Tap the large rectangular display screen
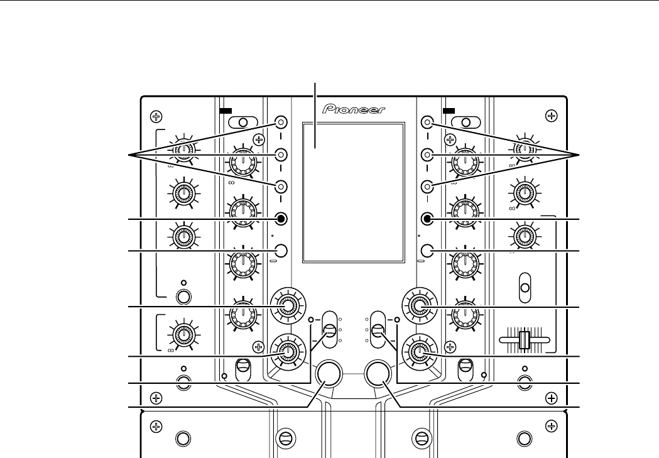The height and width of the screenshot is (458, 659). pyautogui.click(x=352, y=192)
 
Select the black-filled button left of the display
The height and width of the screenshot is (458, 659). pyautogui.click(x=281, y=219)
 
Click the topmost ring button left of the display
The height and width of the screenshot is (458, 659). pyautogui.click(x=281, y=122)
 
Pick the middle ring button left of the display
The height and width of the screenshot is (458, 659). pyautogui.click(x=281, y=154)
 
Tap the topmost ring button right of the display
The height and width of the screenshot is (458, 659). pyautogui.click(x=427, y=122)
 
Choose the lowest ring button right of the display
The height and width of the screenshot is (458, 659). pyautogui.click(x=427, y=186)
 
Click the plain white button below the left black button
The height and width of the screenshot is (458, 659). pyautogui.click(x=281, y=251)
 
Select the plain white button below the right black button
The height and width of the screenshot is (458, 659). pyautogui.click(x=427, y=251)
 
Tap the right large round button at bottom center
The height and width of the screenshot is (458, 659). pyautogui.click(x=377, y=373)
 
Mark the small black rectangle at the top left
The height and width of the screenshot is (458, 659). pyautogui.click(x=226, y=110)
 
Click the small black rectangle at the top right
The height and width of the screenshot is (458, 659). pyautogui.click(x=448, y=110)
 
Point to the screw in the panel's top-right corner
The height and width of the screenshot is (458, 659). pyautogui.click(x=551, y=116)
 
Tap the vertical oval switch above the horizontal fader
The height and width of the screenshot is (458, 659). pyautogui.click(x=525, y=288)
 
